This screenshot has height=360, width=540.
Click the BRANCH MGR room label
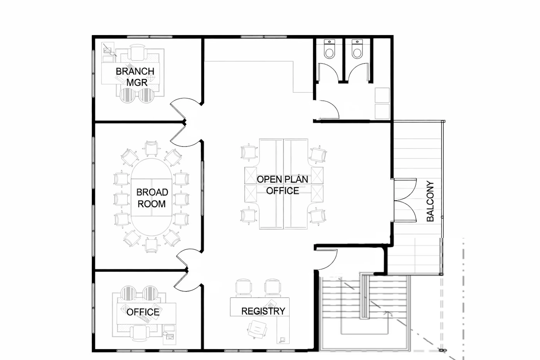135,77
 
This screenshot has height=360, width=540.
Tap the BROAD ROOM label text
152,198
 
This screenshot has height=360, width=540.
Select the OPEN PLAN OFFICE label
282,185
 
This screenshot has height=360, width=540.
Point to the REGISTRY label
263,311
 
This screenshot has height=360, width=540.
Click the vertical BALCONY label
430,201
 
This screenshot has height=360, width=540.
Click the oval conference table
152,197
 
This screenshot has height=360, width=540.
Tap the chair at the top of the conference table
151,148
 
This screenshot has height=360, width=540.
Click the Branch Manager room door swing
186,108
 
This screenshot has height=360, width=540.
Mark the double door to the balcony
405,200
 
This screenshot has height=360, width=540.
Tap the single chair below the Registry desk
257,329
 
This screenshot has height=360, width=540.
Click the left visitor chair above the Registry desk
244,288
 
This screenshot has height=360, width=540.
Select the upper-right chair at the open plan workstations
318,154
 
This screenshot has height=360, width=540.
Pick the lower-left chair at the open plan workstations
248,215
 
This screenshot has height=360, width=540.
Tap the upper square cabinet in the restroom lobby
382,95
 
